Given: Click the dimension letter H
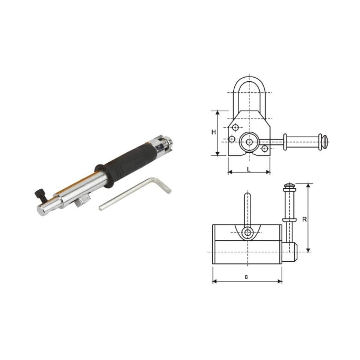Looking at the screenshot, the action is [214, 132].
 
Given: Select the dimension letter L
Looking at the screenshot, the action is [248, 169].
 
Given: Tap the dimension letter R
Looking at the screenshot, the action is [304, 219].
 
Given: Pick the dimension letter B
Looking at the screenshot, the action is [246, 277].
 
